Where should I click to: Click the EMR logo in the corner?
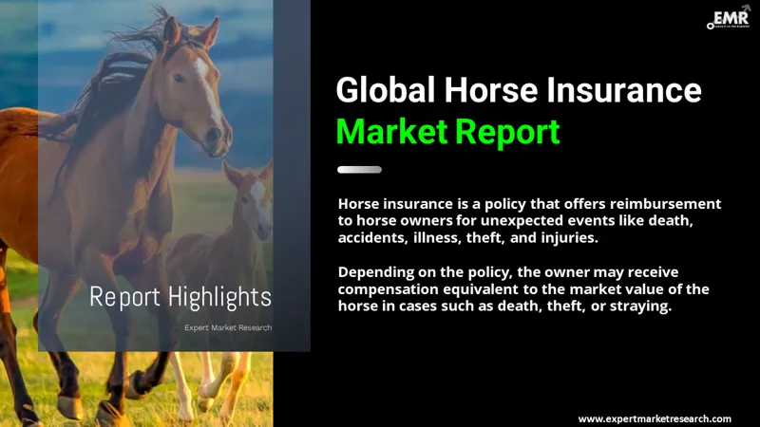(x=730, y=18)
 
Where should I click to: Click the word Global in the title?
(x=387, y=91)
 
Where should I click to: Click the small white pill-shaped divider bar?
(x=360, y=170)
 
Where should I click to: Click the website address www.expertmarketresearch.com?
(x=655, y=418)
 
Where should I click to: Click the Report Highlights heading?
(x=180, y=297)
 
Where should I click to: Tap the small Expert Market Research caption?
(x=228, y=327)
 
